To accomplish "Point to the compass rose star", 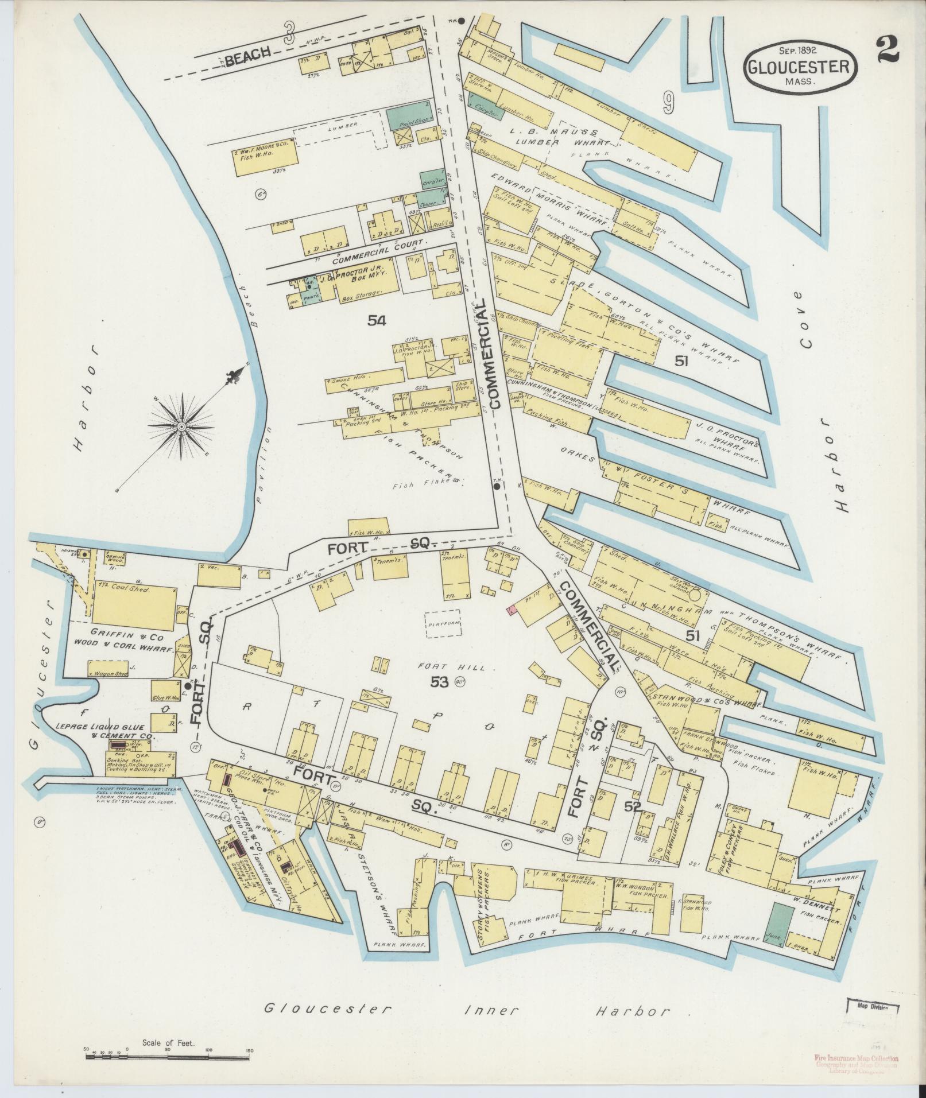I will [x=181, y=426].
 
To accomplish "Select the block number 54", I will [x=376, y=321].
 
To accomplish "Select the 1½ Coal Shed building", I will [x=134, y=607].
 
